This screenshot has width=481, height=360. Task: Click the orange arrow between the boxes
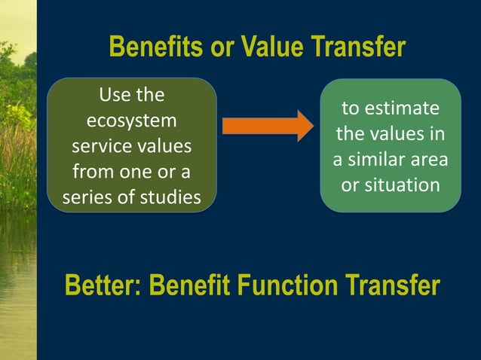[266, 125]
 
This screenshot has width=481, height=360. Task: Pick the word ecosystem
[132, 121]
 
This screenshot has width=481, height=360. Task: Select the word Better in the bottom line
[103, 286]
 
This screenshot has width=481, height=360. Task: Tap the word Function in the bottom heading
[298, 286]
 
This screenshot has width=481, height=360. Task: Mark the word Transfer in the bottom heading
[397, 286]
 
